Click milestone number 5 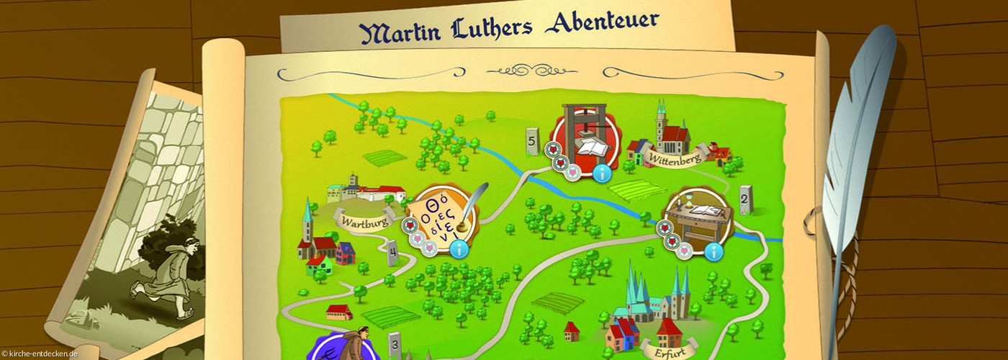point(533,143)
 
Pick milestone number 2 point(745,199)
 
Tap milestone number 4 point(392,252)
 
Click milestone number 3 point(395,345)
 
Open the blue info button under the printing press point(602,174)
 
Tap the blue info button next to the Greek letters point(459,249)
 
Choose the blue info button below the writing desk point(713,251)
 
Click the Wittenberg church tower point(661,122)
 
